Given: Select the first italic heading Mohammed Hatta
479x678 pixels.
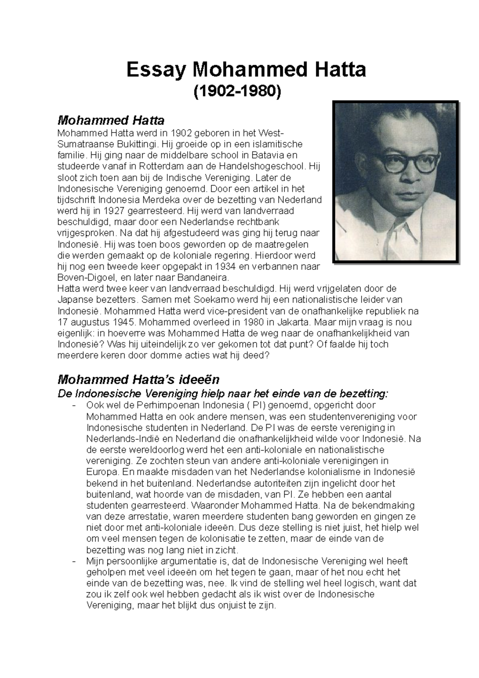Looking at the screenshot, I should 111,120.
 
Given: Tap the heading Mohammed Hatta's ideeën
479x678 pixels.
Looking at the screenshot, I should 139,379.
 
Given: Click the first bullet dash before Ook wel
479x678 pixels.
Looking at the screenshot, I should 74,405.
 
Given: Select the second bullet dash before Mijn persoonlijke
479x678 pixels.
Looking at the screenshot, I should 74,561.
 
